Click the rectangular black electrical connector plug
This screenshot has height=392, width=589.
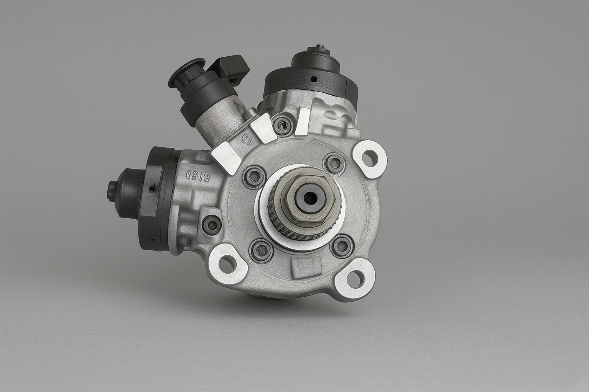[x=232, y=67]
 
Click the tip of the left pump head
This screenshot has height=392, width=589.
[x=111, y=189]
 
